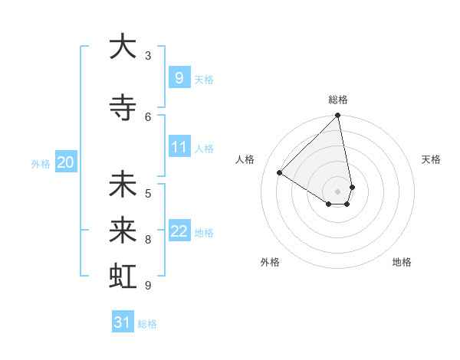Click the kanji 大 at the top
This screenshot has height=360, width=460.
123,47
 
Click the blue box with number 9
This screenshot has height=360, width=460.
179,78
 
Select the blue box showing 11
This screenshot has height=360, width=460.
179,147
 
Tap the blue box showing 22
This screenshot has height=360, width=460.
179,231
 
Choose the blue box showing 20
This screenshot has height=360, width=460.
65,162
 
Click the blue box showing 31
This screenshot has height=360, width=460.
123,322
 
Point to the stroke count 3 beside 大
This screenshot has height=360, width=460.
148,56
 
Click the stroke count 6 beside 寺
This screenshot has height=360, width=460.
148,116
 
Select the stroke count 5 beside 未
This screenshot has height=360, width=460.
148,193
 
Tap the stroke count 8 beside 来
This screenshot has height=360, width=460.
148,240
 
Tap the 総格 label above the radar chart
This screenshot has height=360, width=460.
338,100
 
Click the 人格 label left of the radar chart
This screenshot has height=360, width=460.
245,159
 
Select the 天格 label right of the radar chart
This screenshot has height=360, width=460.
431,159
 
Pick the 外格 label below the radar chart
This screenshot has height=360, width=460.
270,262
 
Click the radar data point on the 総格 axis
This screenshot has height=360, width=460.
338,116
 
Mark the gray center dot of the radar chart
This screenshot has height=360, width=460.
338,190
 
